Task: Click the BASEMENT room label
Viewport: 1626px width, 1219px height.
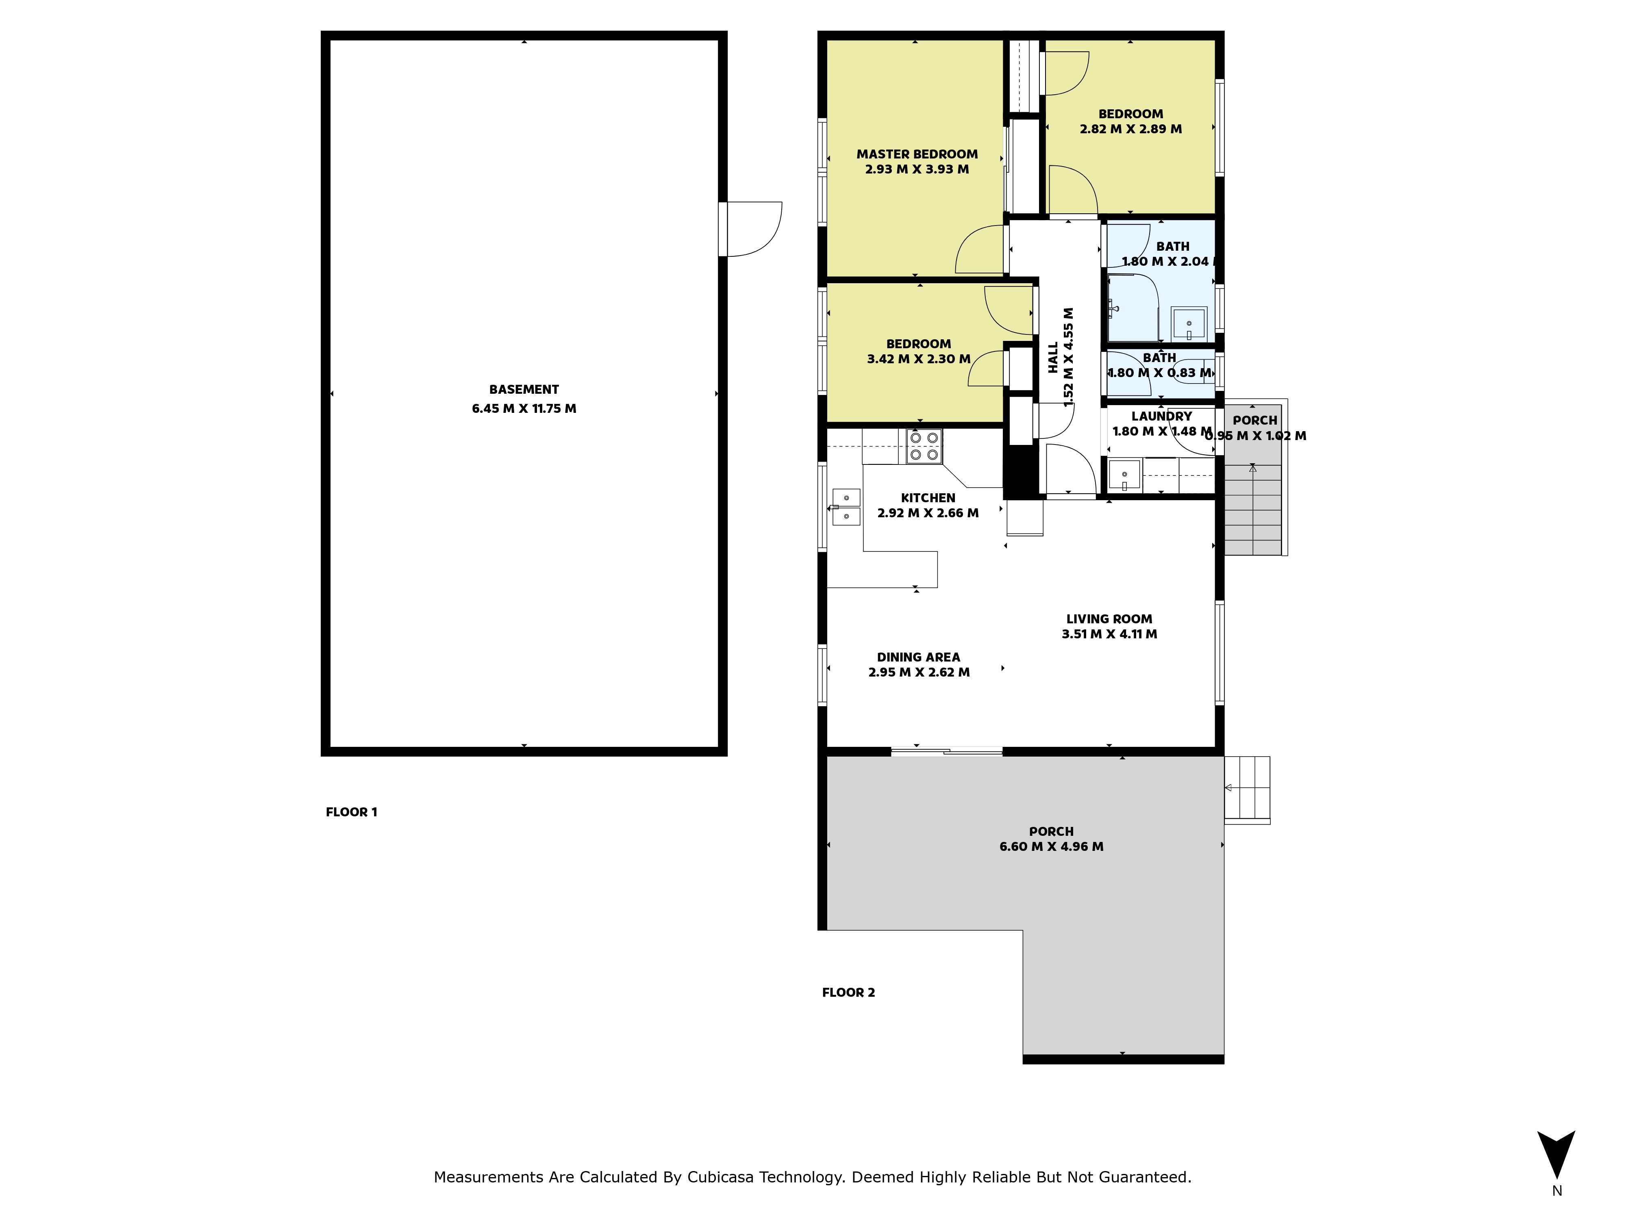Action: pyautogui.click(x=524, y=389)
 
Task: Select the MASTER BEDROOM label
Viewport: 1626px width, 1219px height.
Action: pyautogui.click(x=917, y=154)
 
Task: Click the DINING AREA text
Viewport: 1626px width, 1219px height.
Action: pyautogui.click(x=918, y=657)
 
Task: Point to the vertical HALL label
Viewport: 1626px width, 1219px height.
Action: pyautogui.click(x=1053, y=357)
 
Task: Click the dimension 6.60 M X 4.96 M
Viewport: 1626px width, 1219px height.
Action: pyautogui.click(x=1051, y=846)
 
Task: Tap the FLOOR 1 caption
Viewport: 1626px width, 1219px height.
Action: pyautogui.click(x=351, y=812)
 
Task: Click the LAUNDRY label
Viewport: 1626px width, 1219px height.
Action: pyautogui.click(x=1161, y=416)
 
